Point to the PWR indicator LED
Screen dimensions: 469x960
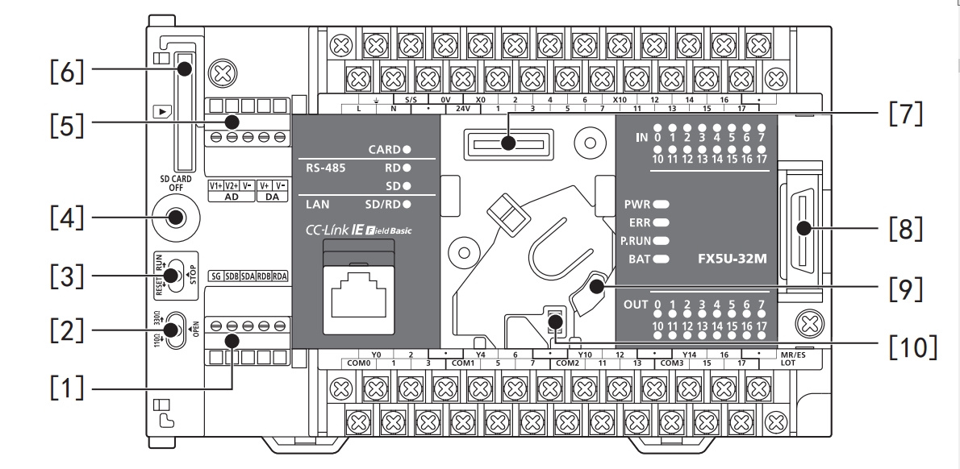662,205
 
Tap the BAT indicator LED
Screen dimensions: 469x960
662,259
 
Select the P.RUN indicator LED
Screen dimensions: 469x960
662,241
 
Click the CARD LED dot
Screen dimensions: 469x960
407,149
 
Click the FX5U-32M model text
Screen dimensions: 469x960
731,261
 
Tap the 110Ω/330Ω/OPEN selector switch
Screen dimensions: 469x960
171,330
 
